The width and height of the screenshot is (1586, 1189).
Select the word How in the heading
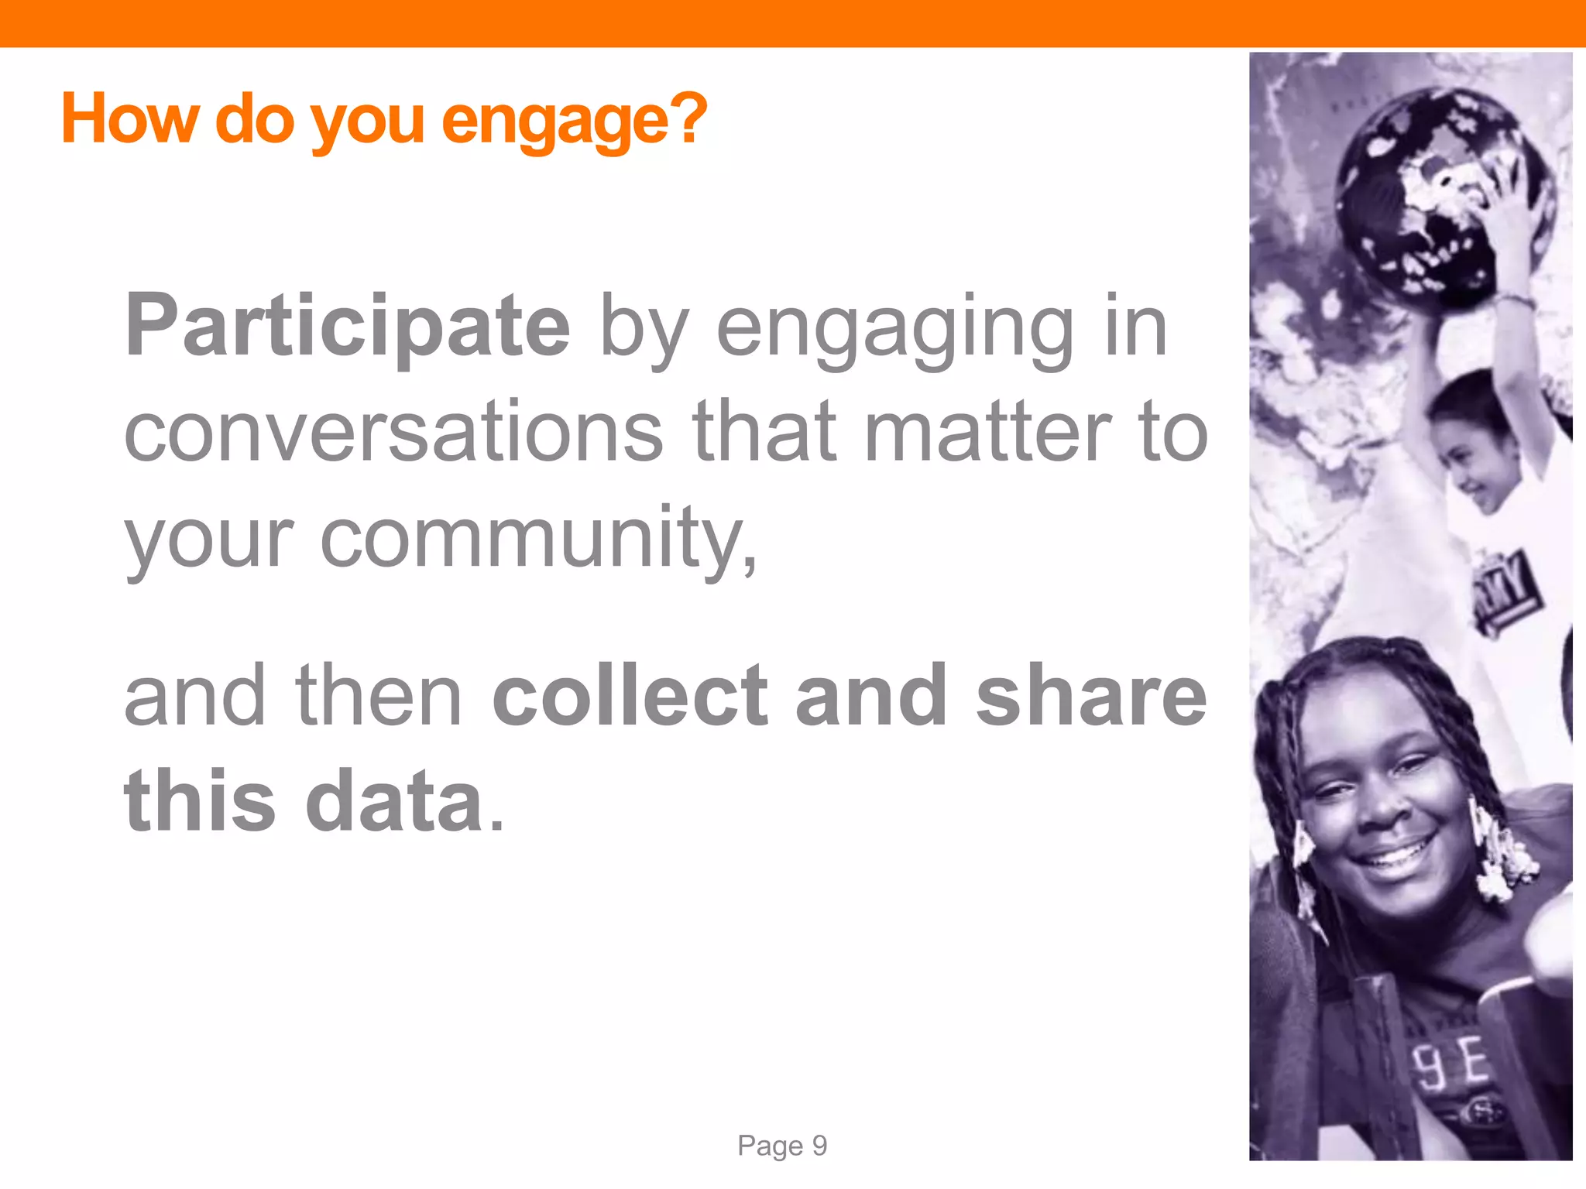(129, 119)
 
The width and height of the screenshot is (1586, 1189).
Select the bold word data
(395, 802)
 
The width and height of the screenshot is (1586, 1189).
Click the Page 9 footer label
(782, 1146)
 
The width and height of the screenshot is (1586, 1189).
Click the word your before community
(209, 539)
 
